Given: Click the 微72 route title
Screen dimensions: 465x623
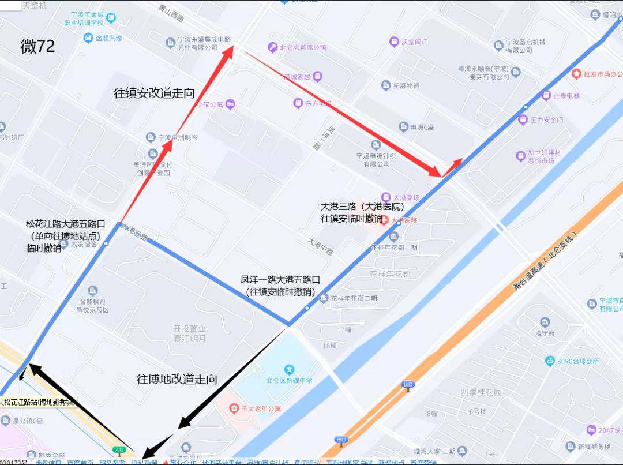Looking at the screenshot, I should pyautogui.click(x=37, y=46).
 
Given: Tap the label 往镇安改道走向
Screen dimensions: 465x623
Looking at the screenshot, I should pyautogui.click(x=154, y=93).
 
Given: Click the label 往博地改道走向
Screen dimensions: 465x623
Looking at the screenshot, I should pyautogui.click(x=177, y=379).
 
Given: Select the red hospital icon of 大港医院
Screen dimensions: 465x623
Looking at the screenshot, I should pyautogui.click(x=385, y=220).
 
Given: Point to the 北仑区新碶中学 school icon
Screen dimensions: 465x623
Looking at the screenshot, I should pyautogui.click(x=290, y=369).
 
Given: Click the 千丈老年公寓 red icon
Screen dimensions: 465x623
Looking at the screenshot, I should pyautogui.click(x=234, y=408).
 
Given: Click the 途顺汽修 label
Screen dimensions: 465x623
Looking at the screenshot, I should pyautogui.click(x=108, y=38).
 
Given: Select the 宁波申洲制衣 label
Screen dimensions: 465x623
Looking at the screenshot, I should pyautogui.click(x=178, y=138).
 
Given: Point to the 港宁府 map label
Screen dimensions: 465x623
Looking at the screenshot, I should pyautogui.click(x=545, y=333).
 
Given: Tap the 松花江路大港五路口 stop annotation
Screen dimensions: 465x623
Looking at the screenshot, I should pyautogui.click(x=65, y=235).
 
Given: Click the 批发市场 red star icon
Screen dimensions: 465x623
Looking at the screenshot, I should pyautogui.click(x=576, y=74).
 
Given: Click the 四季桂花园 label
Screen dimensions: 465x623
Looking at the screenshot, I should pyautogui.click(x=481, y=392).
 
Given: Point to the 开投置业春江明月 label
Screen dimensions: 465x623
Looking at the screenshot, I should pyautogui.click(x=190, y=333).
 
